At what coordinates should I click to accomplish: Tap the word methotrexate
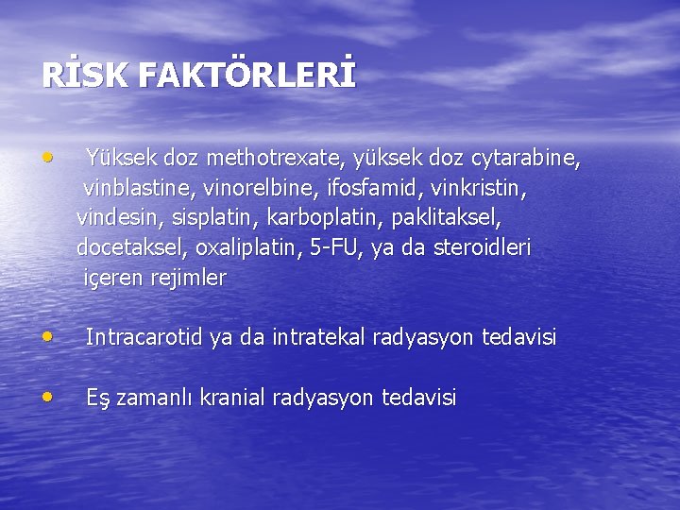[x=267, y=158]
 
